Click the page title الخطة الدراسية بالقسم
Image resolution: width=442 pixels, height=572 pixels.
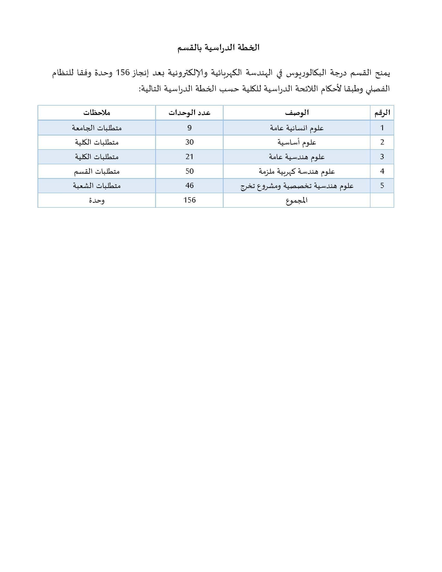(218, 48)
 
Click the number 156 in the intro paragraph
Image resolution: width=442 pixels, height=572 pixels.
(123, 73)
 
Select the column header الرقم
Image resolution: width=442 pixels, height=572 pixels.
(382, 113)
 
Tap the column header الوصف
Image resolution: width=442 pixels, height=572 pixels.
(297, 113)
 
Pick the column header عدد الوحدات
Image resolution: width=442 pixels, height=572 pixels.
(189, 113)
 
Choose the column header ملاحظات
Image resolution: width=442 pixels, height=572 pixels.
(97, 113)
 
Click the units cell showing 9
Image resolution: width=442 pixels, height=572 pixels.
(189, 128)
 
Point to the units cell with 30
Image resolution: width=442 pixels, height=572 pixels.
(189, 142)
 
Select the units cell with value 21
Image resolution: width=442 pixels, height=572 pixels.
(189, 157)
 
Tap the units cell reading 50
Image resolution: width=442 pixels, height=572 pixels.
(189, 171)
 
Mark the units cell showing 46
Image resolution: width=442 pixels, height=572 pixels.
(189, 186)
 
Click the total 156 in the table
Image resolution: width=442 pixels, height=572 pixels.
(189, 200)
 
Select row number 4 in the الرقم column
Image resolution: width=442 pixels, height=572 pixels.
(382, 171)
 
